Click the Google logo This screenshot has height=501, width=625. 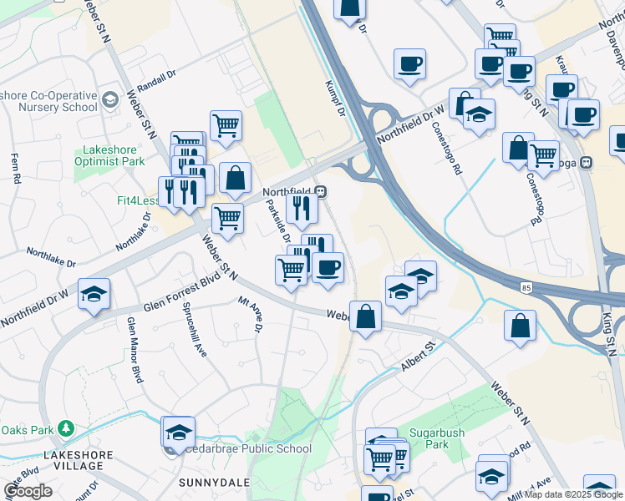[x=28, y=491]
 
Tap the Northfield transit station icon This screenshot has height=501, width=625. [x=322, y=191]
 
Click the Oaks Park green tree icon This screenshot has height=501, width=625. [x=66, y=429]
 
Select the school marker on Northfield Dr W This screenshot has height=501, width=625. [x=94, y=294]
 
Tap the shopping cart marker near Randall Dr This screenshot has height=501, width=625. [x=226, y=126]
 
